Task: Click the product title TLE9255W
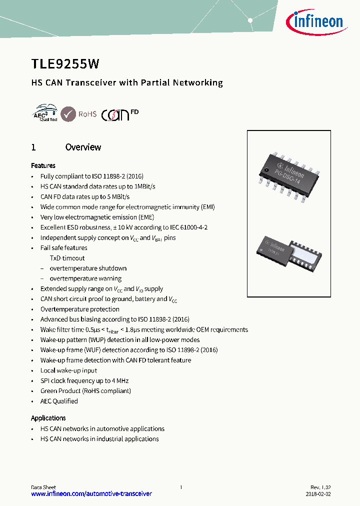[65, 63]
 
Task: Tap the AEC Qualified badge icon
[44, 113]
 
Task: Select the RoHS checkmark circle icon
[68, 114]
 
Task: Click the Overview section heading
[83, 147]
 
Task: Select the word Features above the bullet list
[43, 165]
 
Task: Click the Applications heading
[48, 418]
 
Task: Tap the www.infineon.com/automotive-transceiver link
[91, 493]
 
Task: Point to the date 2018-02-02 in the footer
[318, 493]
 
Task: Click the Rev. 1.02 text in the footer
[320, 487]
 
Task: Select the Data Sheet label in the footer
[43, 487]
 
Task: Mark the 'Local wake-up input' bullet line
[68, 370]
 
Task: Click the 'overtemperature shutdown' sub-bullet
[88, 268]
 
